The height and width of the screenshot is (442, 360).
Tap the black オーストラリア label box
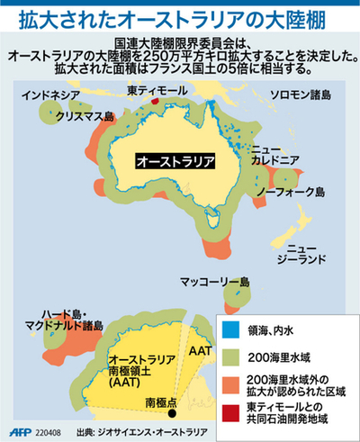point(175,161)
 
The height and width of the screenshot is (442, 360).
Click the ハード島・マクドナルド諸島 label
point(49,316)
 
